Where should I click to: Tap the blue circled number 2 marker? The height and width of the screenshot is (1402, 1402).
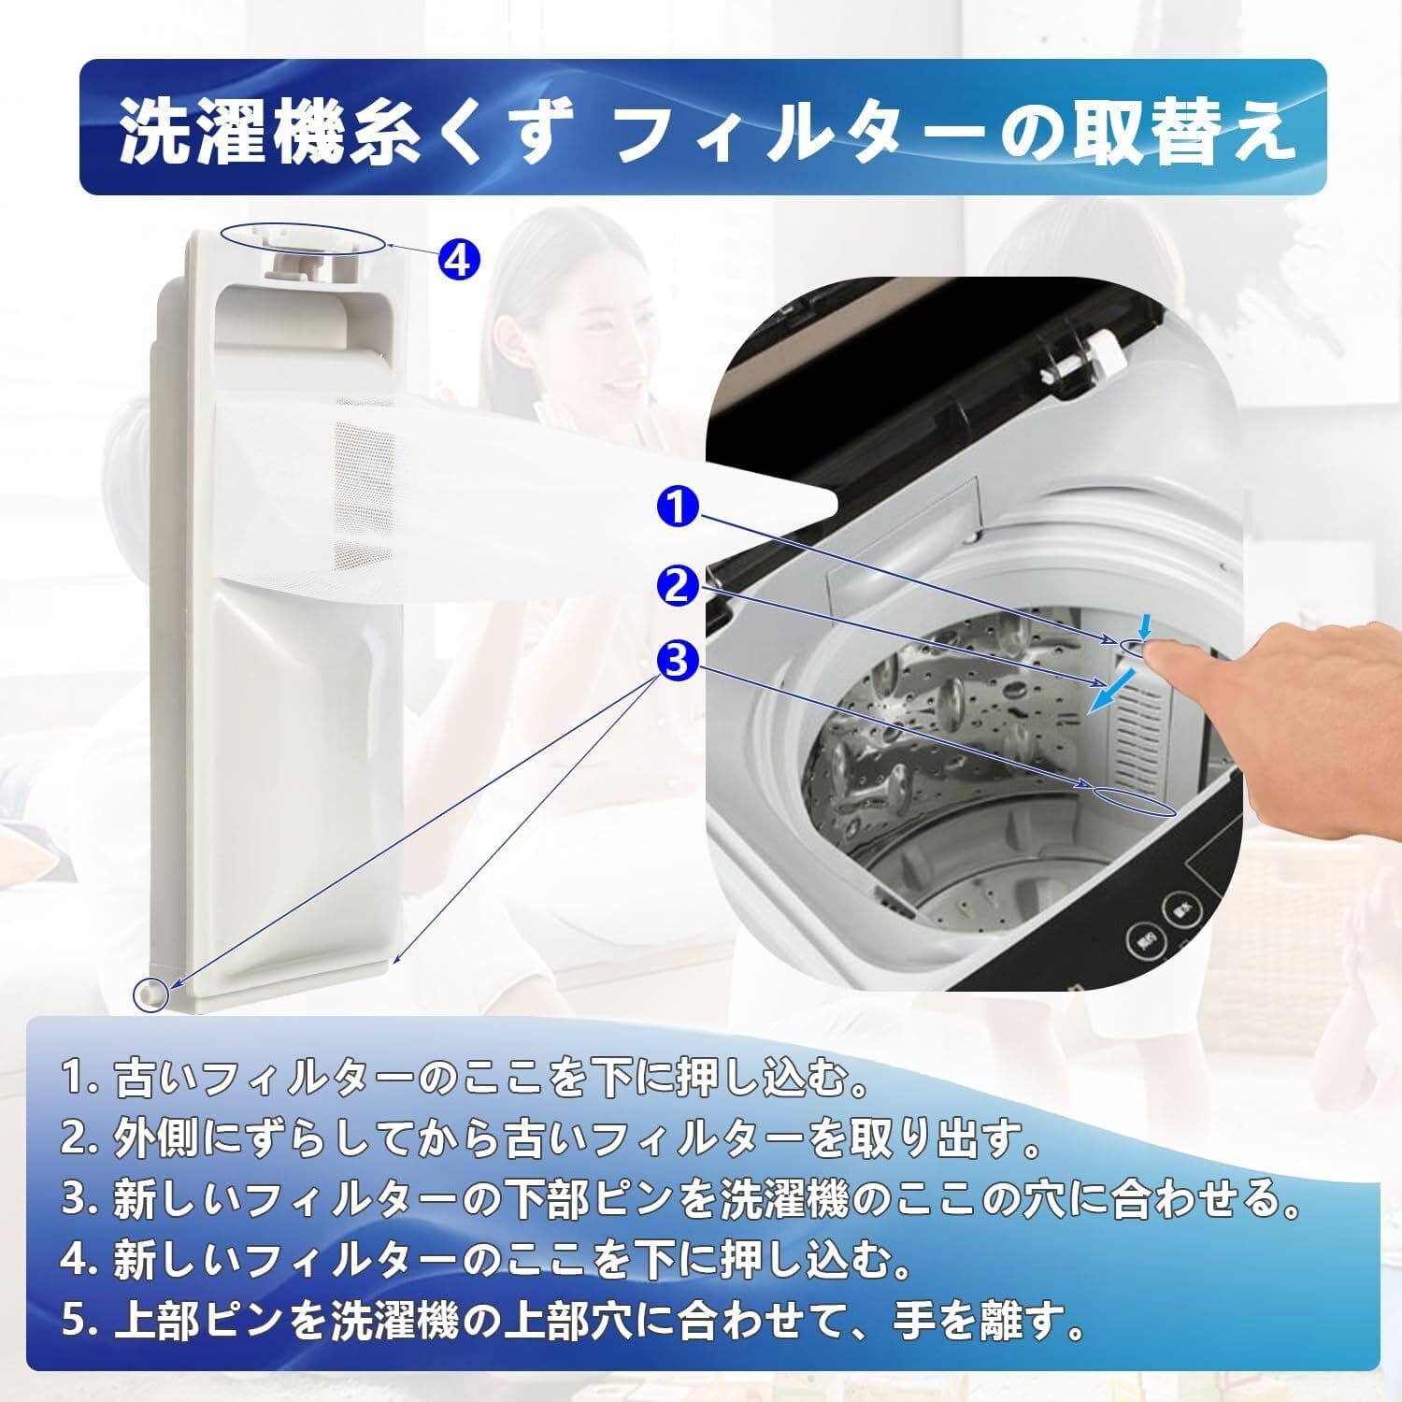[679, 587]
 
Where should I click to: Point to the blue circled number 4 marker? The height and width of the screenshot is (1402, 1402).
[457, 259]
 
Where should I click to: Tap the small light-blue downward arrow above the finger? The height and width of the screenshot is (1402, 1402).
[1144, 623]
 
